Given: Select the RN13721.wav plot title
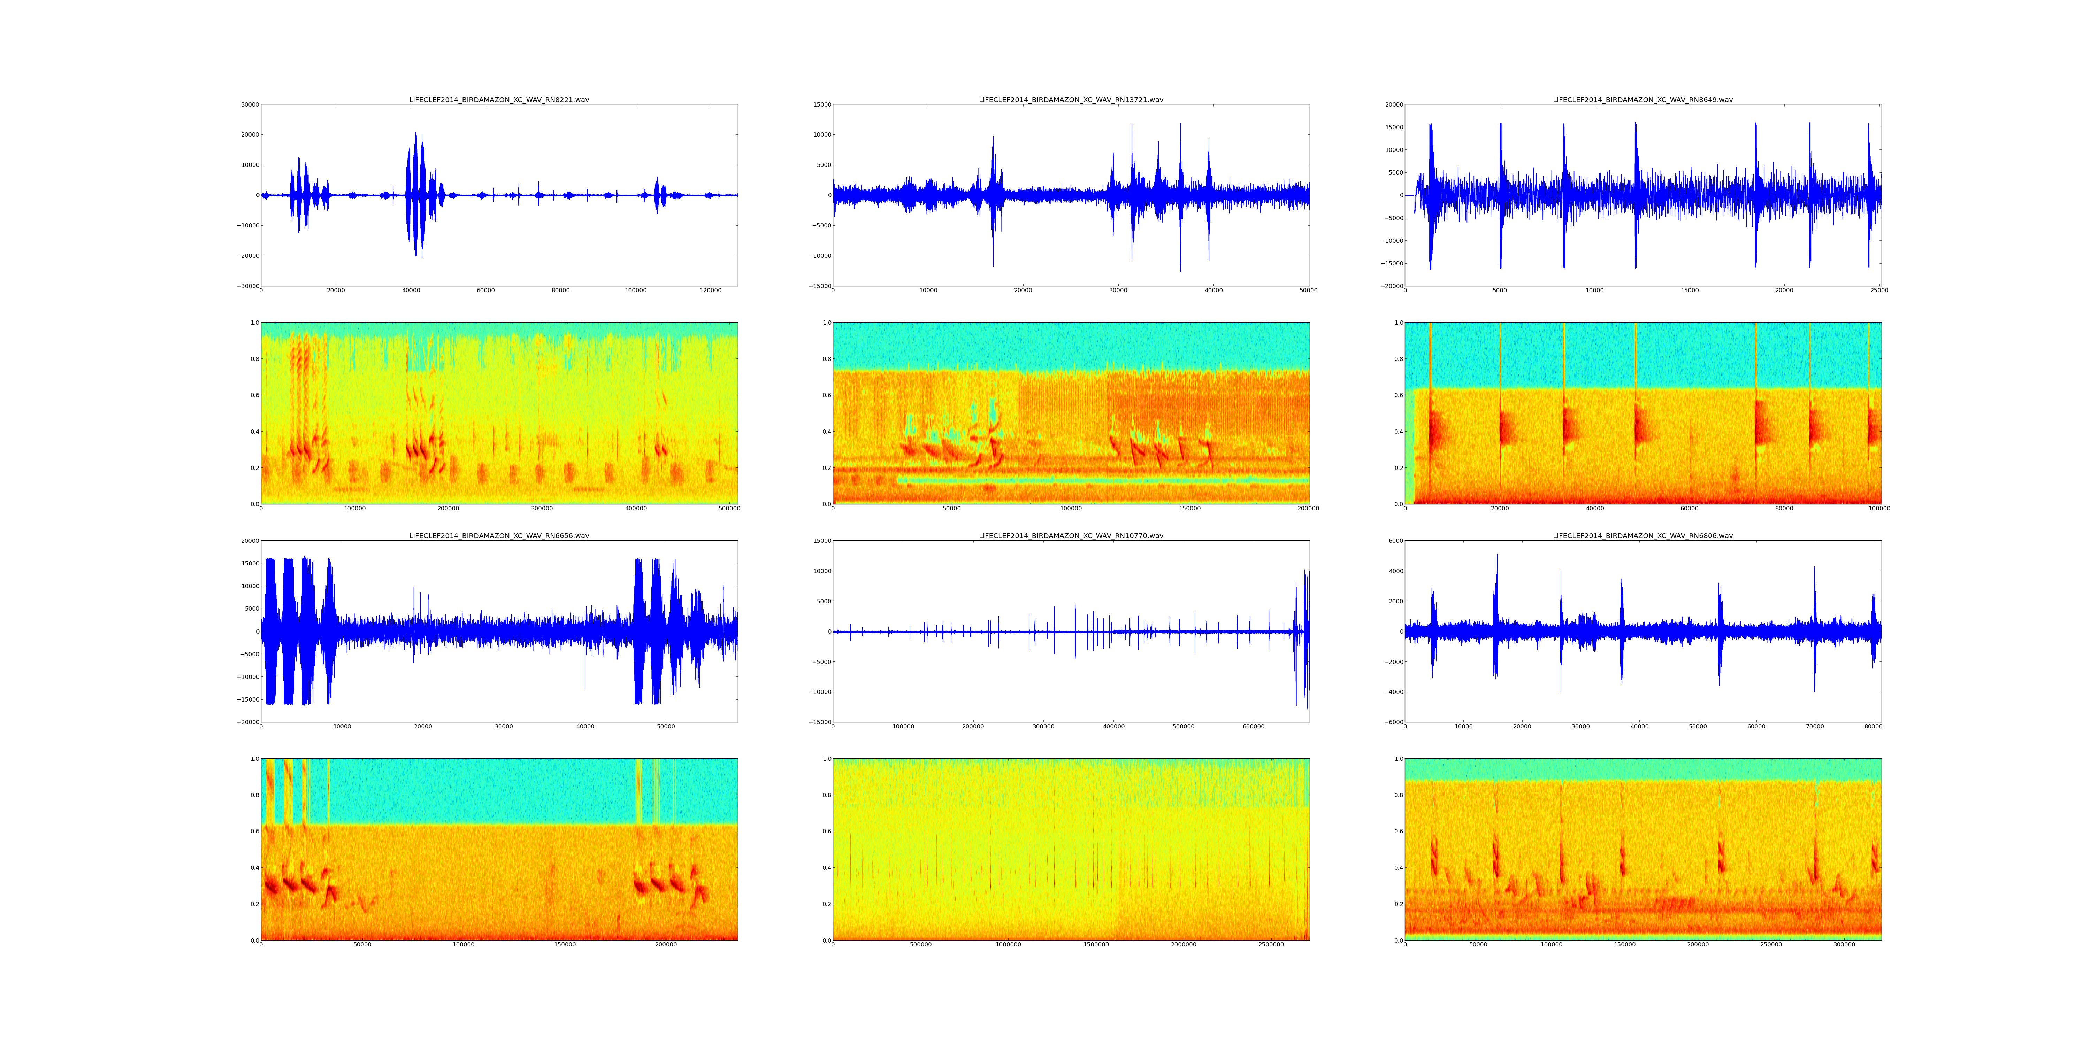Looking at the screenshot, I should coord(1071,100).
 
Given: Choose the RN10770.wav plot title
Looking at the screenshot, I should coord(1071,535).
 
